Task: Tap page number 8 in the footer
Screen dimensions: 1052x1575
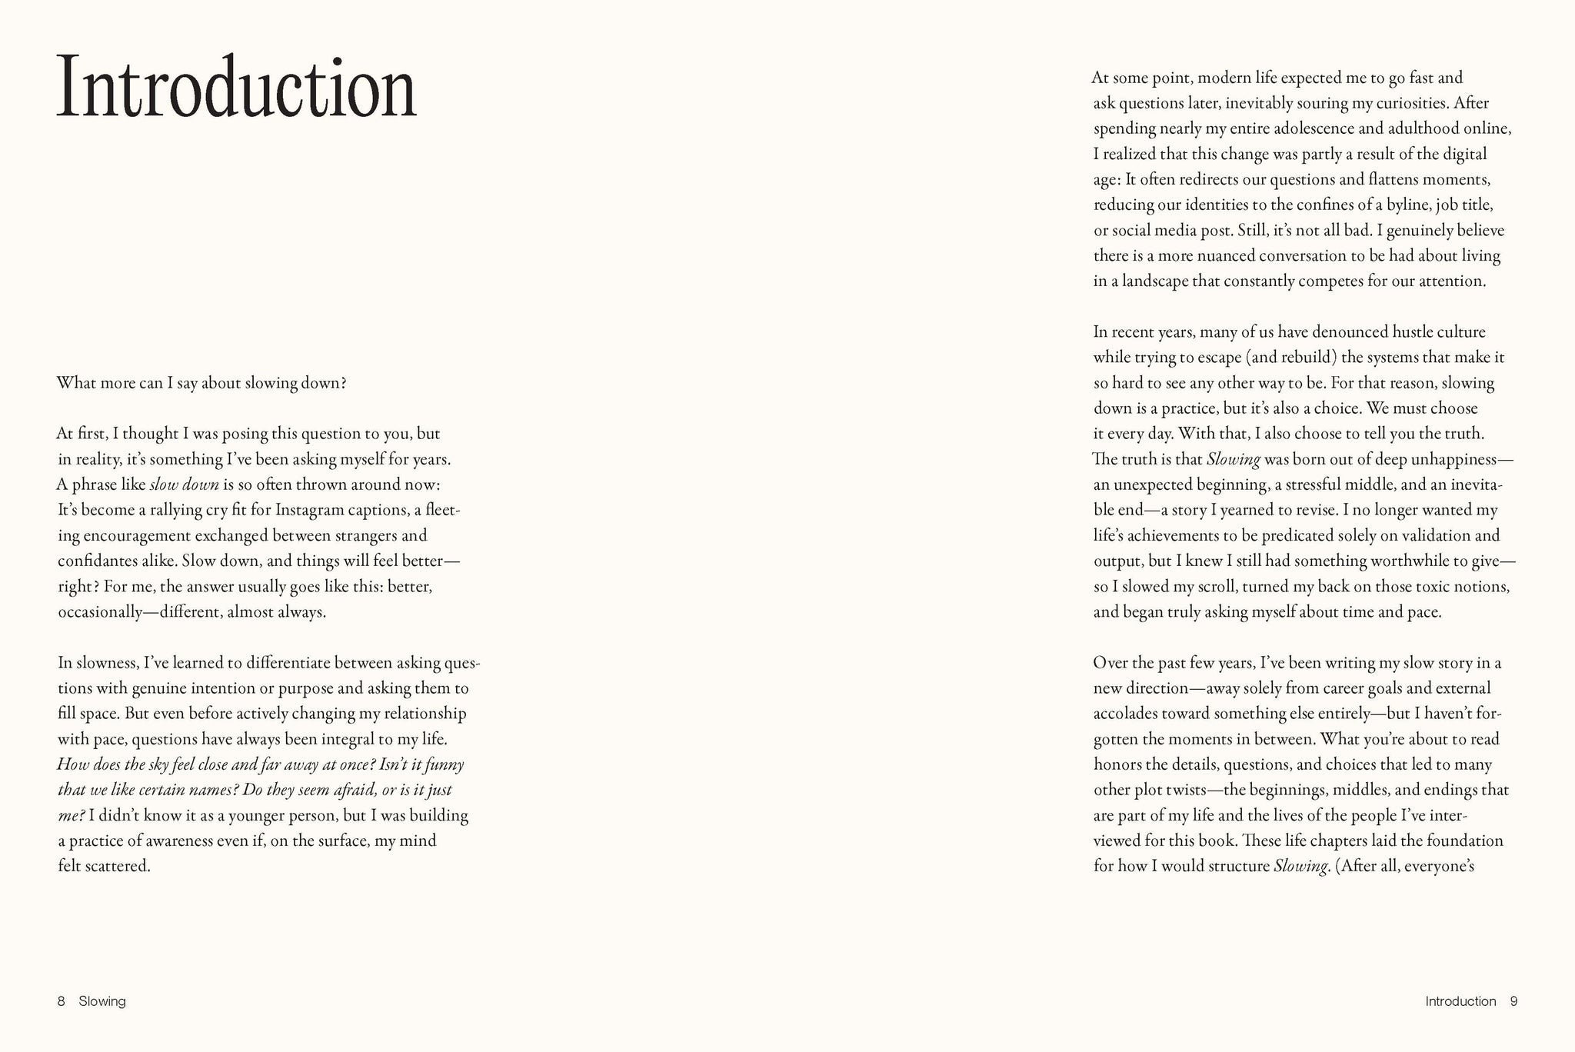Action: pos(61,1001)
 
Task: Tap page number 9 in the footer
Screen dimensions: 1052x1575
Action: pos(1513,1001)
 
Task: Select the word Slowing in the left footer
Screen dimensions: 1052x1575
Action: pos(102,1001)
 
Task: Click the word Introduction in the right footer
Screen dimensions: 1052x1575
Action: pos(1460,1001)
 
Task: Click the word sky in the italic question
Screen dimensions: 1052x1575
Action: pos(177,764)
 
